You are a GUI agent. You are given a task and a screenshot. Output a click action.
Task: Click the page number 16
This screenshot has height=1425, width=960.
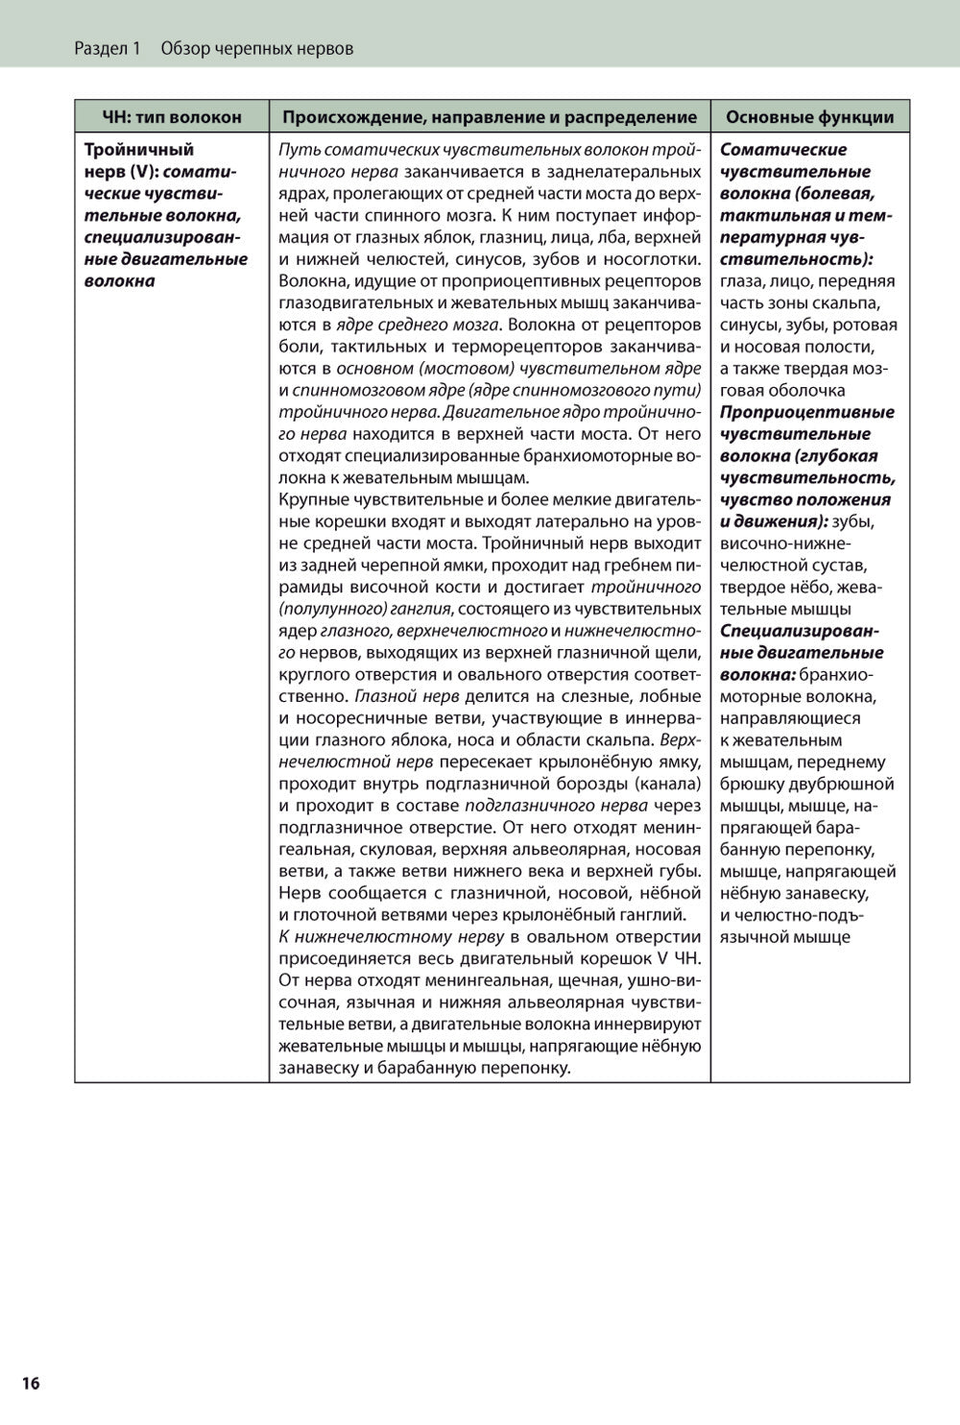click(31, 1383)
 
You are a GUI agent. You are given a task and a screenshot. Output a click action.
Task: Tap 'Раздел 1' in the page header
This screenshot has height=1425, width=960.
click(107, 48)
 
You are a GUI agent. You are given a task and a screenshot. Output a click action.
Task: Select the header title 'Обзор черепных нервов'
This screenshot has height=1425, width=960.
click(257, 48)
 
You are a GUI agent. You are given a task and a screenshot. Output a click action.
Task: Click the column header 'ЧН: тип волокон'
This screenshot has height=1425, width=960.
click(172, 117)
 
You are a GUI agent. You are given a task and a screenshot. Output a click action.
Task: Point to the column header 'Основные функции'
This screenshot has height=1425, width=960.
click(809, 117)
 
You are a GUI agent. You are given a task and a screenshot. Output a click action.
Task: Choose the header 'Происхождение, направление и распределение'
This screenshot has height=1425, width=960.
click(490, 117)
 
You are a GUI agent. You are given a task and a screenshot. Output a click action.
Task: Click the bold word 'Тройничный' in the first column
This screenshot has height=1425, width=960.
click(139, 150)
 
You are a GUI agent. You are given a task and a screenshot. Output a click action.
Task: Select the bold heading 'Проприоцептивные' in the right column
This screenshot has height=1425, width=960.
click(806, 412)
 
